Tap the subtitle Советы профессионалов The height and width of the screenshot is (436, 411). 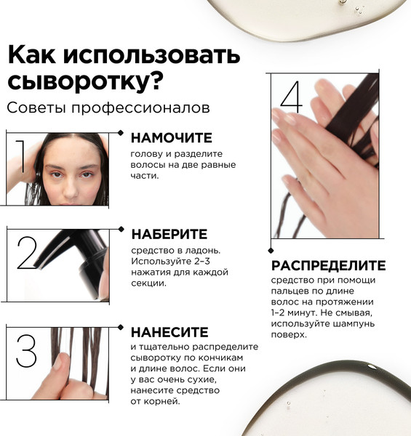pyautogui.click(x=108, y=108)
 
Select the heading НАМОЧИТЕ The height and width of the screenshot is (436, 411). pyautogui.click(x=172, y=138)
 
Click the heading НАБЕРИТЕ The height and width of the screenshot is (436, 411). pyautogui.click(x=169, y=234)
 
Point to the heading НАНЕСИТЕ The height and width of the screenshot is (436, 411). pyautogui.click(x=169, y=332)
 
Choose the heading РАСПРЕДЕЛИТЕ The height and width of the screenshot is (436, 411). pyautogui.click(x=328, y=265)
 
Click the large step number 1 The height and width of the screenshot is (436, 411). pyautogui.click(x=21, y=156)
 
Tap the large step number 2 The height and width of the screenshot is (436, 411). pyautogui.click(x=27, y=253)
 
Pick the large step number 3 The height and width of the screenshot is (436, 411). pyautogui.click(x=26, y=351)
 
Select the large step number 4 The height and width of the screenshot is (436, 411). pyautogui.click(x=292, y=97)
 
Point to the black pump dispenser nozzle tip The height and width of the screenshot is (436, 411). pyautogui.click(x=37, y=266)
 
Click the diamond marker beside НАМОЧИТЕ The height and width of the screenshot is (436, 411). pyautogui.click(x=121, y=133)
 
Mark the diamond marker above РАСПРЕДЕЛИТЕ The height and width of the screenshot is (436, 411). pyautogui.click(x=271, y=251)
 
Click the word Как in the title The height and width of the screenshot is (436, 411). pyautogui.click(x=32, y=54)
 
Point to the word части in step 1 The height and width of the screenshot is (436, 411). pyautogui.click(x=145, y=176)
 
